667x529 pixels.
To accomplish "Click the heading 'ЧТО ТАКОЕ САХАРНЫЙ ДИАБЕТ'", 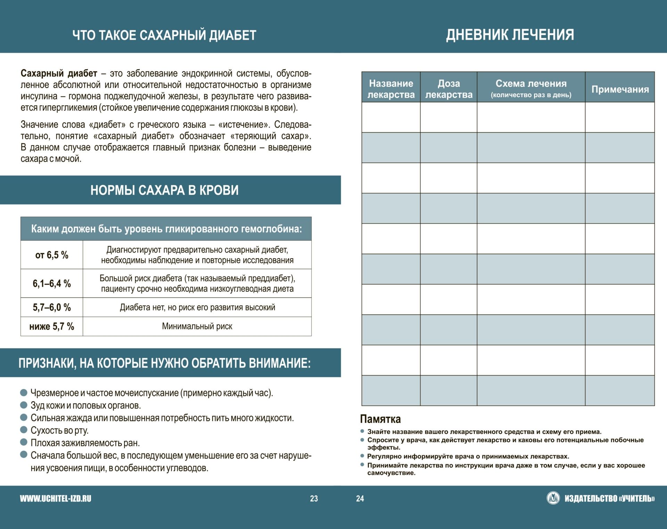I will click(164, 35).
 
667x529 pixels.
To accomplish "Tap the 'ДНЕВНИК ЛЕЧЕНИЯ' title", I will click(510, 35).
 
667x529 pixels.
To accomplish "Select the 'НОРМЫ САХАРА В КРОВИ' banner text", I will click(164, 190).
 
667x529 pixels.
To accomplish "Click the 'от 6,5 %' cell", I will click(52, 255).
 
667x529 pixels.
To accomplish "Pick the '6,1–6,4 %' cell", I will click(52, 284).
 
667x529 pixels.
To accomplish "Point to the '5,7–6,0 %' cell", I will click(52, 307).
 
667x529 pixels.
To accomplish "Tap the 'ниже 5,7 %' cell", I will click(52, 326).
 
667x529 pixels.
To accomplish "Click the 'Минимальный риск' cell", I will click(197, 326).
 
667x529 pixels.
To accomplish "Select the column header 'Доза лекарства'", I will click(448, 89).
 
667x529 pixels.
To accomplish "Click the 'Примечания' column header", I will click(620, 89).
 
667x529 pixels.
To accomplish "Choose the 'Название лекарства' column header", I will click(391, 89).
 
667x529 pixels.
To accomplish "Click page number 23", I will click(314, 499).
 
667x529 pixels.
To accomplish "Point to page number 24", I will click(360, 499).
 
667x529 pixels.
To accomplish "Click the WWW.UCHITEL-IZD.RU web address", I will click(56, 499).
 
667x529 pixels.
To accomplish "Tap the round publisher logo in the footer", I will click(553, 498).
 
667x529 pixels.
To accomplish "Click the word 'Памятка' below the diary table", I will click(380, 419).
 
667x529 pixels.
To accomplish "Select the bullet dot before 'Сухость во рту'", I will click(24, 430).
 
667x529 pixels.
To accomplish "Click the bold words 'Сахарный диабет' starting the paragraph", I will click(59, 74).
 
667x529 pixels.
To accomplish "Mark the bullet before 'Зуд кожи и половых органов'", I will click(24, 405).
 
